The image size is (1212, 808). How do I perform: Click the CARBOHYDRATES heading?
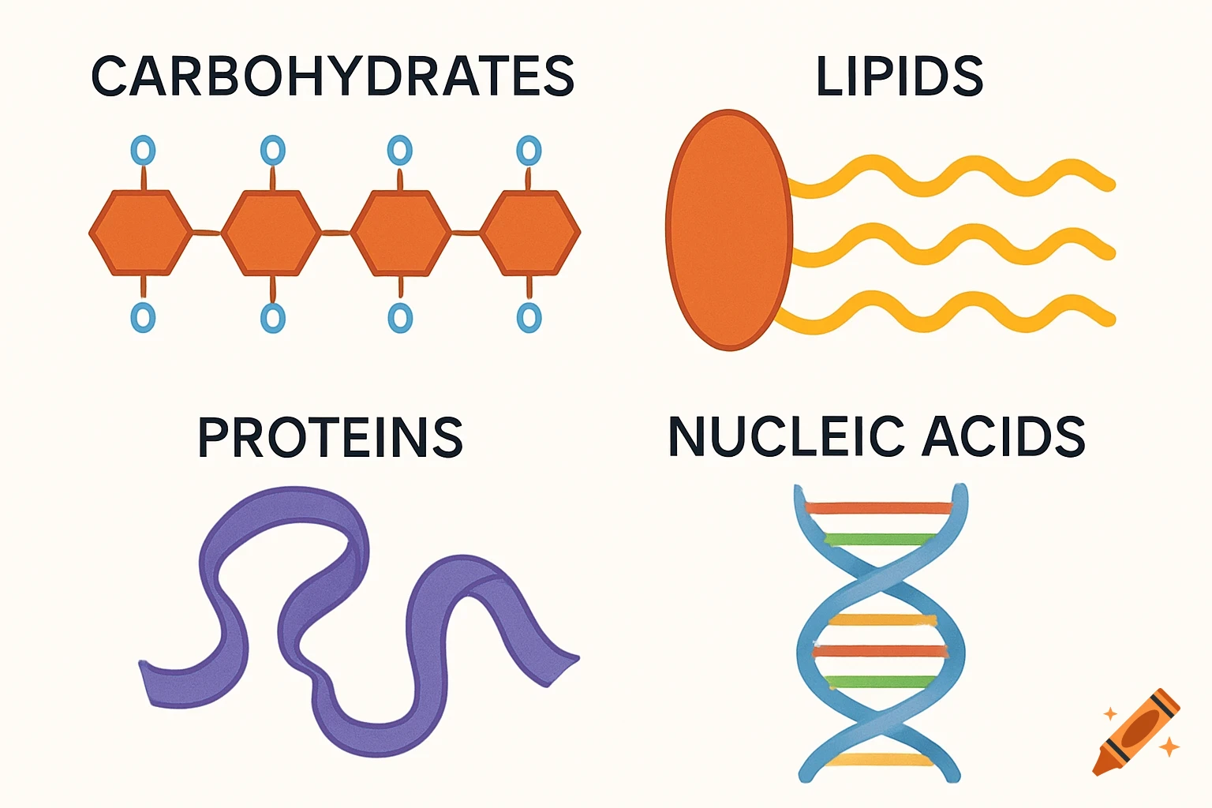tap(332, 77)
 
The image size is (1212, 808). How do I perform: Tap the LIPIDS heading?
tap(899, 77)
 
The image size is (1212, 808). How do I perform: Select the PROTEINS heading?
tap(330, 438)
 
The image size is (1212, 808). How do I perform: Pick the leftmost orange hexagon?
tap(140, 233)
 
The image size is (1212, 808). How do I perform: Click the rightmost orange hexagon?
tap(530, 233)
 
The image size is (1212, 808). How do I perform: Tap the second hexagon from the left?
tap(271, 233)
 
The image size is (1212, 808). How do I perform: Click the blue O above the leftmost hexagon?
tap(143, 150)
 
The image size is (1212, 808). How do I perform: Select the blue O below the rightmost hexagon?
tap(529, 318)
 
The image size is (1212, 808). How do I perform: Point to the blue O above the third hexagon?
tap(400, 150)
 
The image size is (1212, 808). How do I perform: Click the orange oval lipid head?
tap(728, 230)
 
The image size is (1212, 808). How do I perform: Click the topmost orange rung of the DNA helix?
tap(878, 508)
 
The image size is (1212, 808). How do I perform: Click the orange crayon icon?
tap(1137, 731)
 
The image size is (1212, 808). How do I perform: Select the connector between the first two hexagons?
tap(207, 232)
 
